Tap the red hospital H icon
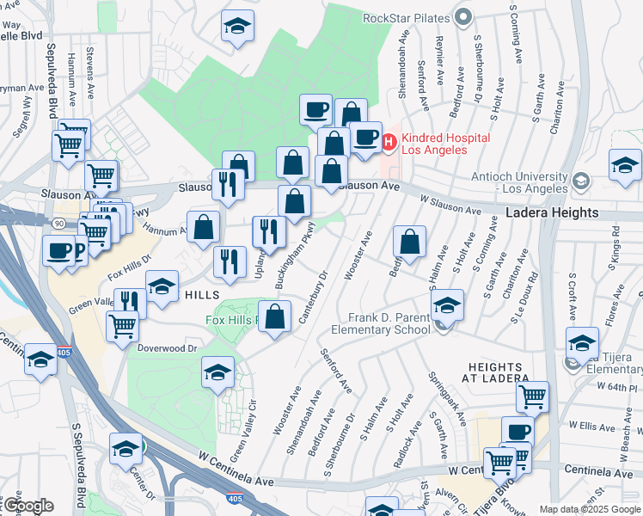[389, 141]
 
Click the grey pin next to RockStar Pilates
[464, 17]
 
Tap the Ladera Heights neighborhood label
[552, 212]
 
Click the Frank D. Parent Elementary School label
[389, 323]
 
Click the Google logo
[28, 506]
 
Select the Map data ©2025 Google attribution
[590, 510]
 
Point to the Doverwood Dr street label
[168, 348]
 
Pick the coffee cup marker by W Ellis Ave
[517, 431]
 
